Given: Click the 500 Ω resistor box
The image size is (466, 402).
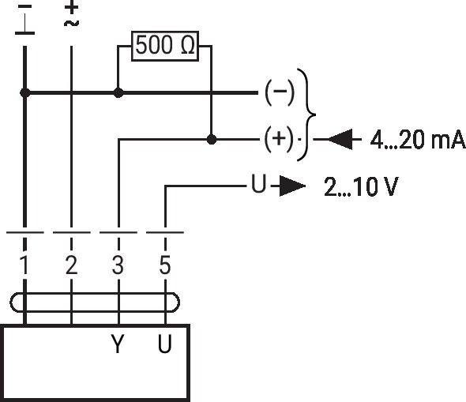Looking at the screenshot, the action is pos(165,46).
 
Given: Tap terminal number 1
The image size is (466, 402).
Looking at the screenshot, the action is pos(24,265).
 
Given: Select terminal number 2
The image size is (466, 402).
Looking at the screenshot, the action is pos(71,265).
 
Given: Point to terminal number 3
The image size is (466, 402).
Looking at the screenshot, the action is pos(118,265).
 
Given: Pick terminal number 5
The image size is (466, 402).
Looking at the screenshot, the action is pos(165,265).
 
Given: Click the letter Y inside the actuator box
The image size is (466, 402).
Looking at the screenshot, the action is pos(118,344).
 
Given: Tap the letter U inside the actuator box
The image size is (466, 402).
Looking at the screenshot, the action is pos(164,344).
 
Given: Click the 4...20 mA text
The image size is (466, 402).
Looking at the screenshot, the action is pos(418,140).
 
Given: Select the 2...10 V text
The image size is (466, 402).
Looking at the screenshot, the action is pos(361,186).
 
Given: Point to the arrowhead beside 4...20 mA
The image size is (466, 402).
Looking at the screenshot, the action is pos(340,139).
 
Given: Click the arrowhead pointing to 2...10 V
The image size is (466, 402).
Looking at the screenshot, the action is pos(292,186).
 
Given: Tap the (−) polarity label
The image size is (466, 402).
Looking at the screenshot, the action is pos(280,92).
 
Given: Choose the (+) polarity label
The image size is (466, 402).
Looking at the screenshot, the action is pos(280,139).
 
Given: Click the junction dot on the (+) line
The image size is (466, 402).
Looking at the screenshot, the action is pos(212,139).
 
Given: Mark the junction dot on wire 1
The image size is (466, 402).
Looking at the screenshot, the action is pos(25,93).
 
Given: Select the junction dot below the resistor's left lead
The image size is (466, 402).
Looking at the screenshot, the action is pos(118,93).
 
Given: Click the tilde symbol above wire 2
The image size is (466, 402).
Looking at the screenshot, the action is pos(71,23).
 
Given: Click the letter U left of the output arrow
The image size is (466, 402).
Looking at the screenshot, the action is pos(258,184).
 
